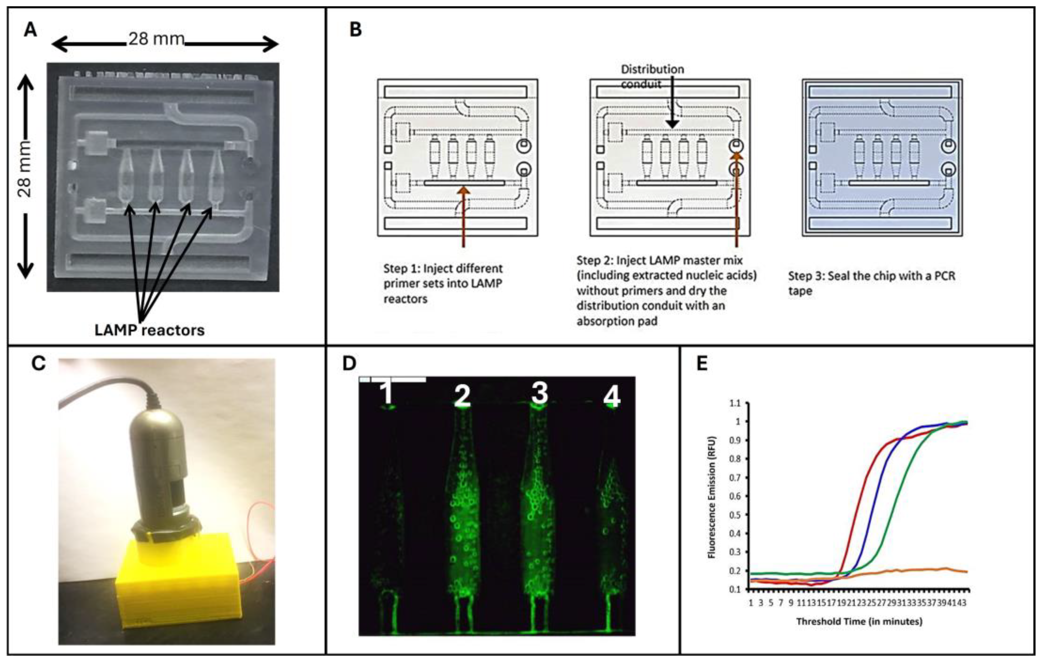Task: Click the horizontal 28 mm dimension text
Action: tap(156, 39)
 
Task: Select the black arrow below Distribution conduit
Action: tap(671, 104)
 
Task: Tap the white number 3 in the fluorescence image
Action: tap(539, 393)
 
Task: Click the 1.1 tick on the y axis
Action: tap(735, 403)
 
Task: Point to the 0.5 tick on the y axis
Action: tap(735, 515)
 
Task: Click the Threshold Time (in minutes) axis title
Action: tap(859, 621)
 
